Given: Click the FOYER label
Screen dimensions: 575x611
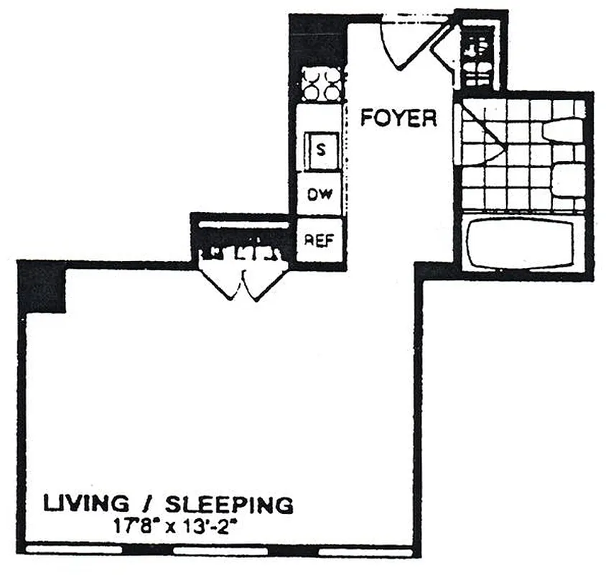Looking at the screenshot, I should point(398,117).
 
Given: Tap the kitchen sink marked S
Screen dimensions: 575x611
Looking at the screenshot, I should point(321,150).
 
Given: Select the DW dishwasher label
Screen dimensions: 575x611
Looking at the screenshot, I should point(320,195).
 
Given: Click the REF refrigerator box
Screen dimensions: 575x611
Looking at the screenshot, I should point(320,240).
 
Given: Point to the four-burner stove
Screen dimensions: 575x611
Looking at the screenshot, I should point(320,84).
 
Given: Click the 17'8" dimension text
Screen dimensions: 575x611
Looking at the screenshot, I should point(134,524).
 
